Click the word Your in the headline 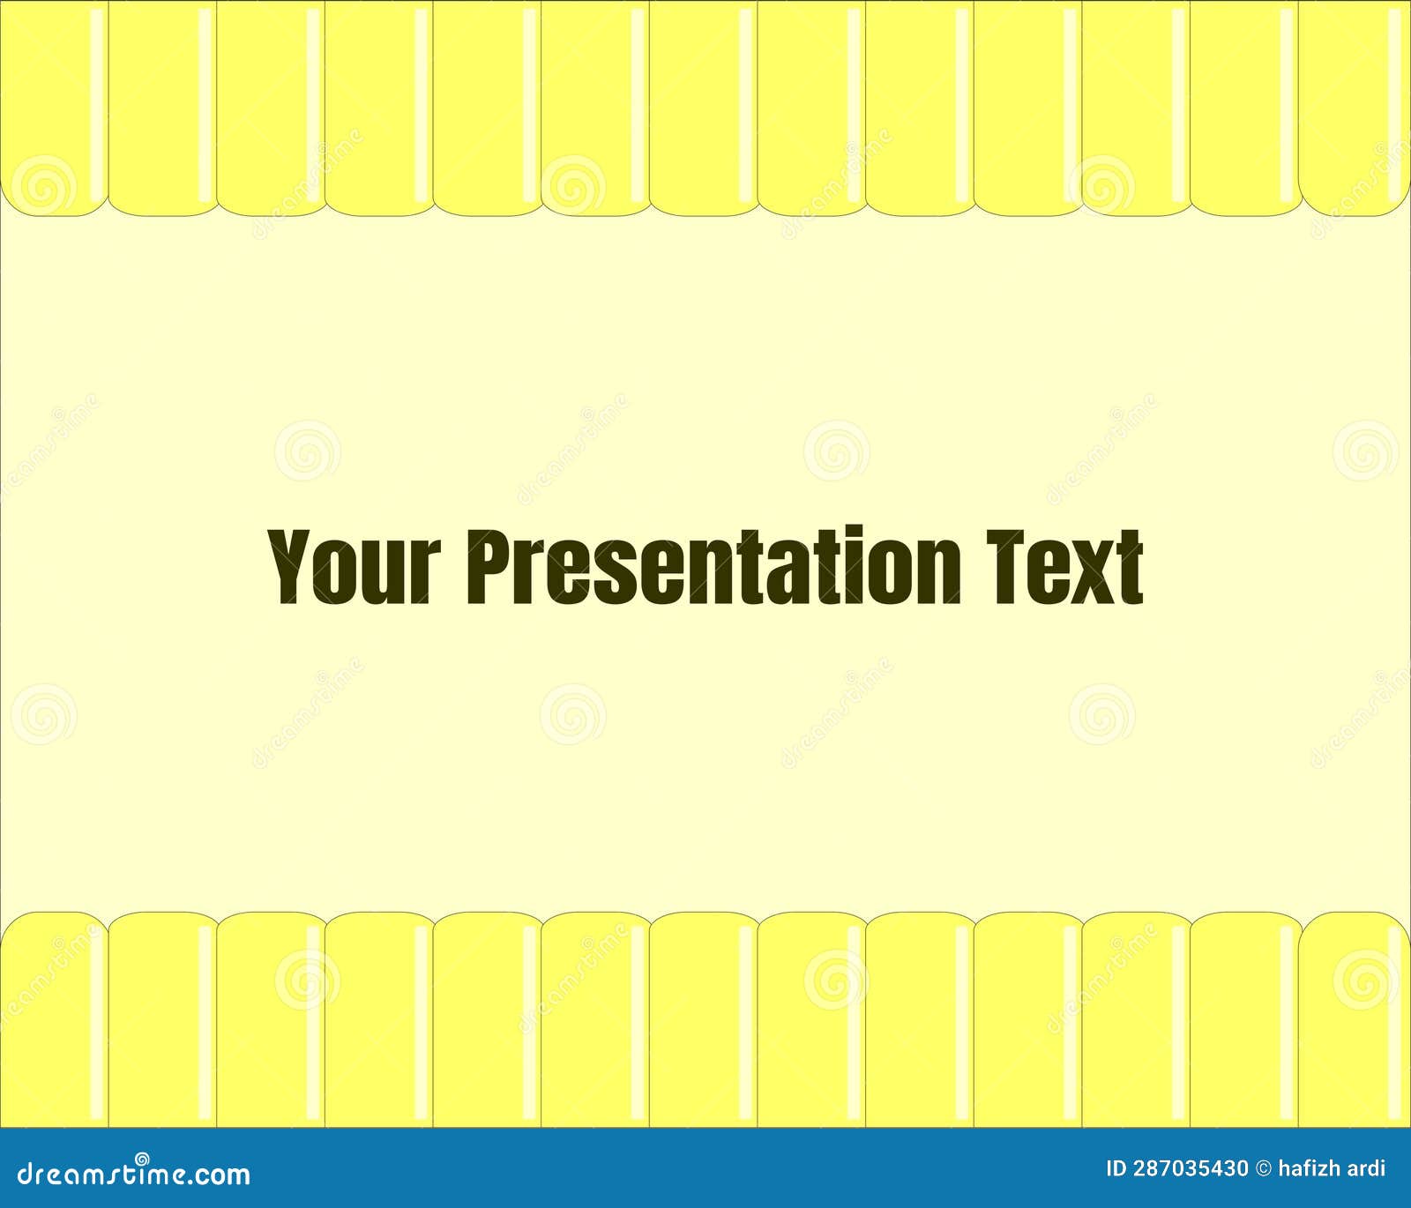pos(355,566)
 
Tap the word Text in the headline pos(1064,566)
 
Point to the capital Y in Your pos(292,566)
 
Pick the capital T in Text pos(1006,566)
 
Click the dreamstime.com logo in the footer pos(134,1172)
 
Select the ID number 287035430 pos(1191,1169)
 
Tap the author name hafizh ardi pos(1332,1169)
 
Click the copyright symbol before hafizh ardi pos(1264,1169)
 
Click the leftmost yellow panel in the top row pos(54,108)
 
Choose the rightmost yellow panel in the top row pos(1355,108)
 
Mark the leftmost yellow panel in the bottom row pos(54,1019)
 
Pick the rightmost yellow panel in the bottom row pos(1355,1019)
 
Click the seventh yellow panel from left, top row pos(704,108)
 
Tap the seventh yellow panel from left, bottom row pos(704,1019)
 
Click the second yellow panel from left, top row pos(162,108)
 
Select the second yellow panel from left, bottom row pos(162,1019)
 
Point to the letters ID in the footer pos(1116,1169)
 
